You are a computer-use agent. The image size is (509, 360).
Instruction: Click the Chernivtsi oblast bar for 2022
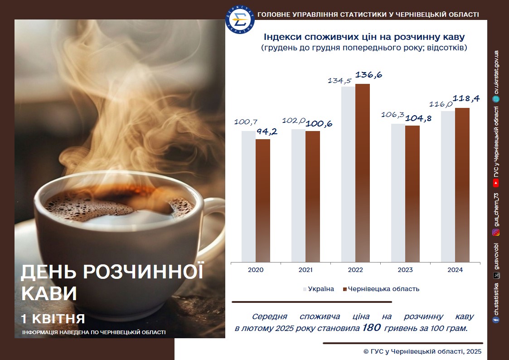click(x=362, y=173)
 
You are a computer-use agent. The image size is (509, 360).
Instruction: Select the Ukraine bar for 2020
click(x=248, y=196)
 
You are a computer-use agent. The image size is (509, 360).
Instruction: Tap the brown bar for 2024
click(x=462, y=185)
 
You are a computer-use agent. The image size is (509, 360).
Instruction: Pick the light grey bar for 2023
click(x=398, y=193)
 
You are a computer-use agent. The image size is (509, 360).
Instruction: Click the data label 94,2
click(x=267, y=131)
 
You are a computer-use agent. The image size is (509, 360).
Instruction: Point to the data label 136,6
click(x=369, y=75)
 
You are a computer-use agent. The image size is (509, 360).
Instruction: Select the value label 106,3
click(x=393, y=115)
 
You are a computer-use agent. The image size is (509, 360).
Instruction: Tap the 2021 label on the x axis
click(x=305, y=270)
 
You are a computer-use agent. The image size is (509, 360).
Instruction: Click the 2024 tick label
click(x=455, y=270)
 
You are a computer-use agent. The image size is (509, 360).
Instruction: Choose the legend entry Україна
click(x=319, y=289)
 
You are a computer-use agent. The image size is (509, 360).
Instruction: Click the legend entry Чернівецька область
click(x=381, y=289)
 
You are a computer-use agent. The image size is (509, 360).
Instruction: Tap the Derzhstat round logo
click(x=240, y=19)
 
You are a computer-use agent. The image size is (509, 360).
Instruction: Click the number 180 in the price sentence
click(x=371, y=327)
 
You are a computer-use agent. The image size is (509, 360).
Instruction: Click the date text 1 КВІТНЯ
click(x=53, y=319)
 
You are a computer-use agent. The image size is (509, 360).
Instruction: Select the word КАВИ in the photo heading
click(x=49, y=293)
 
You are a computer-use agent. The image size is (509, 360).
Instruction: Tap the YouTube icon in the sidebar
click(x=496, y=184)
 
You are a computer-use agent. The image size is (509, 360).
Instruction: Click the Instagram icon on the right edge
click(x=496, y=232)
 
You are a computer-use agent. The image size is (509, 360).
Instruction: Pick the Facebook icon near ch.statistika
click(x=496, y=320)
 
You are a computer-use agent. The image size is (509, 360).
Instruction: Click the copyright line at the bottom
click(x=422, y=351)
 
